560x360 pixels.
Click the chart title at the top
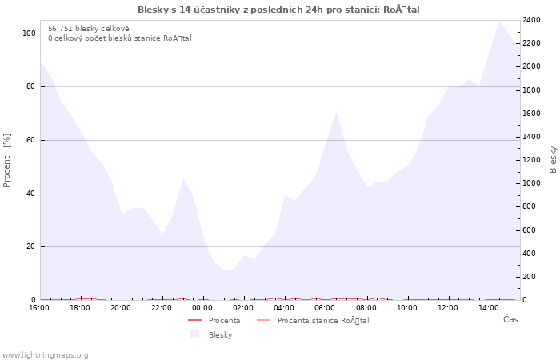[278, 10]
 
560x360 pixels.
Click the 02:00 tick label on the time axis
[243, 308]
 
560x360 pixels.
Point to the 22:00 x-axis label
[162, 308]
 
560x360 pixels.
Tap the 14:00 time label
[489, 308]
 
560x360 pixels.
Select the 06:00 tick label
[325, 308]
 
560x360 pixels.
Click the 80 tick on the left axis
[30, 86]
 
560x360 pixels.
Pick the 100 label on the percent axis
[29, 34]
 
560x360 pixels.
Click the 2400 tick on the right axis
[531, 20]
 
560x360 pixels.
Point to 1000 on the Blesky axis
[531, 183]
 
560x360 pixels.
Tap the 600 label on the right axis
[530, 230]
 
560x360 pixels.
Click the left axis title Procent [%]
[6, 160]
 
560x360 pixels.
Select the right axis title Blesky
[553, 160]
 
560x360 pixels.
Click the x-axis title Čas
[510, 319]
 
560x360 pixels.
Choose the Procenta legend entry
[214, 320]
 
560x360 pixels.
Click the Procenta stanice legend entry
[313, 320]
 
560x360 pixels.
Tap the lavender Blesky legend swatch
[194, 334]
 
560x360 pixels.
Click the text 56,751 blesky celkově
[89, 29]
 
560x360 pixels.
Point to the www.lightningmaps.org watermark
[45, 355]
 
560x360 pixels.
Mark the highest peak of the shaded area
[499, 22]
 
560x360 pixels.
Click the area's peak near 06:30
[336, 113]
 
